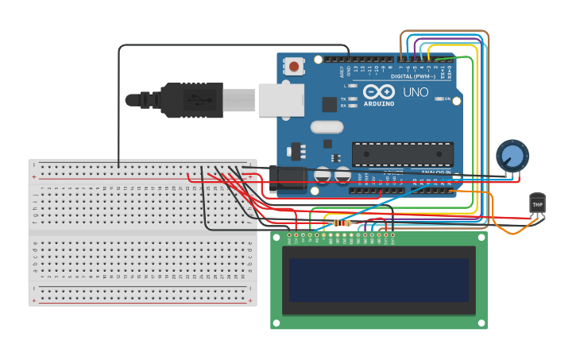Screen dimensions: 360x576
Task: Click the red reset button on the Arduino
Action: pos(295,67)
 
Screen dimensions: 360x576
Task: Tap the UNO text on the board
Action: pos(416,92)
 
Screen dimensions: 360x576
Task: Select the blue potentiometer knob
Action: pos(512,156)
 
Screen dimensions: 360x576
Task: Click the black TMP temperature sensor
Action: pos(538,203)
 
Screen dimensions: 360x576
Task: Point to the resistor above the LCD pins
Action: pos(342,223)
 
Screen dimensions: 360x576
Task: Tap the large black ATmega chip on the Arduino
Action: pos(403,154)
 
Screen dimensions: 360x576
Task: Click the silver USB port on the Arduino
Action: pos(280,99)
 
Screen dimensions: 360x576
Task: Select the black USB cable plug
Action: pos(191,100)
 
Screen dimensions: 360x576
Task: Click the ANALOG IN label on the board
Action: pos(436,172)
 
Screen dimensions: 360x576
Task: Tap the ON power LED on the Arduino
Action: pos(447,99)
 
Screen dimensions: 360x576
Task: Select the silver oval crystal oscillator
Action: pos(327,126)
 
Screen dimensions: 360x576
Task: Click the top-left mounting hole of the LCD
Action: pos(276,237)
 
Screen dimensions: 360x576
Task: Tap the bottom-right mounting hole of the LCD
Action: pos(481,321)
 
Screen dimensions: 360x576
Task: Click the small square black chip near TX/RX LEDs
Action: pos(329,104)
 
